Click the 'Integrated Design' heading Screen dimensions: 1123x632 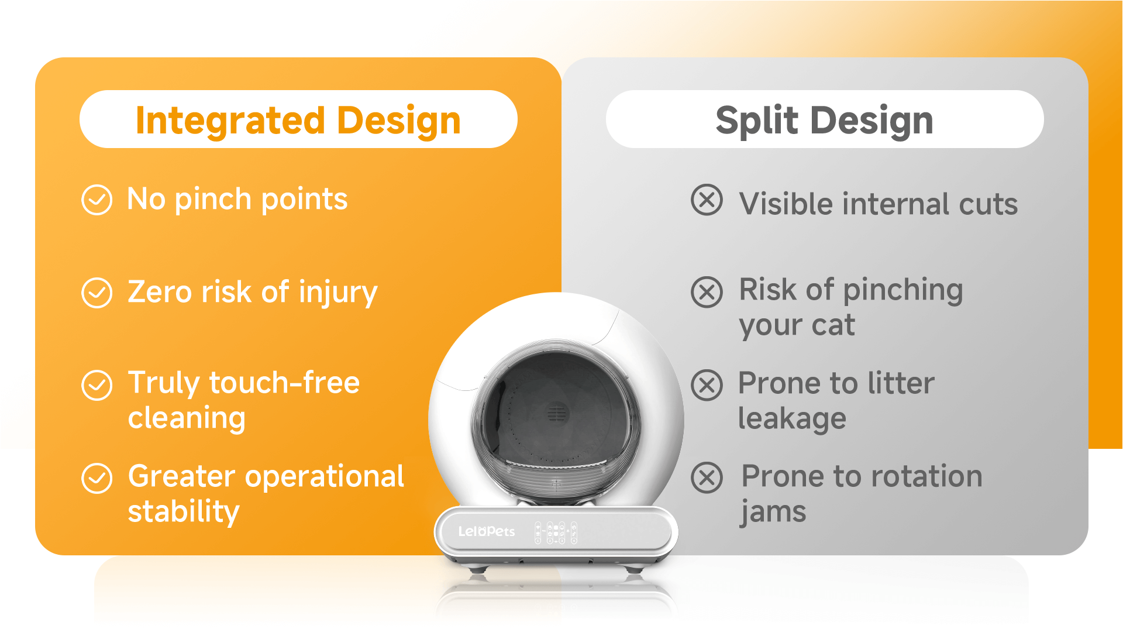coord(298,121)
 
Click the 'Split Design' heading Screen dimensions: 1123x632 coord(824,121)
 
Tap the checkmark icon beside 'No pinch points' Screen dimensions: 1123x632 coord(97,200)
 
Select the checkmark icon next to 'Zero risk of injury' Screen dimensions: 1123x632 coord(97,293)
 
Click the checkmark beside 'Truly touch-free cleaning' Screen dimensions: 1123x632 coord(97,385)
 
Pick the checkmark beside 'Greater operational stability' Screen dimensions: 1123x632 coord(97,478)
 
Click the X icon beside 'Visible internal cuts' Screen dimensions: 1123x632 coord(707,200)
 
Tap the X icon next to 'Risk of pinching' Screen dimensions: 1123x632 coord(707,293)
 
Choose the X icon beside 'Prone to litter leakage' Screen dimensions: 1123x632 coord(707,385)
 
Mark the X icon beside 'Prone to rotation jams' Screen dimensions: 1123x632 coord(707,478)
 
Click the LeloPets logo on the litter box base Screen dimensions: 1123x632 coord(486,531)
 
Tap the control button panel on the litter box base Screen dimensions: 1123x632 coord(556,533)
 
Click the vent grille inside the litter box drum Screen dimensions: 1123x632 coord(556,414)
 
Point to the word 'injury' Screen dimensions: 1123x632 coord(338,293)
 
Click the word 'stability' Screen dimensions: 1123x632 coord(184,512)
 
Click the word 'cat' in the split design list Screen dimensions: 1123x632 coord(833,325)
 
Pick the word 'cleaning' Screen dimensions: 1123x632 coord(187,418)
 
